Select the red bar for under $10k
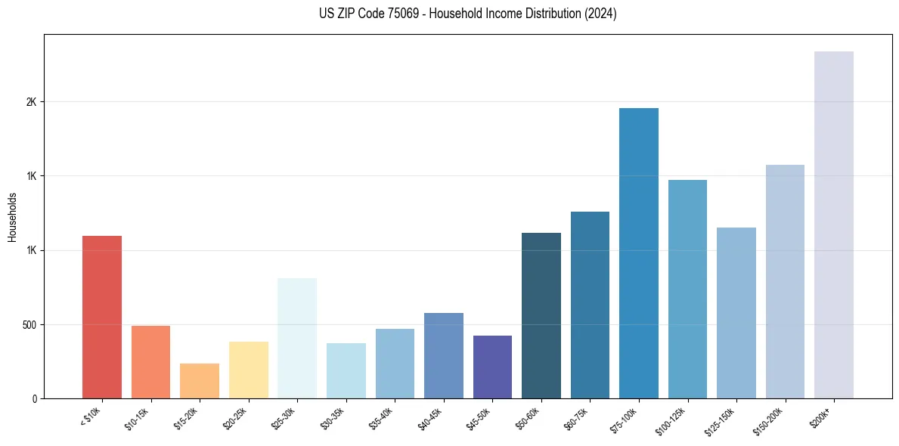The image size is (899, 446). click(102, 317)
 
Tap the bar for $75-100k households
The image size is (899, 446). click(638, 253)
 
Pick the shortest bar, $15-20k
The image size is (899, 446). click(200, 381)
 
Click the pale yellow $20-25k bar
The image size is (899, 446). click(248, 370)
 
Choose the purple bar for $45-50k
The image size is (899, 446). click(492, 367)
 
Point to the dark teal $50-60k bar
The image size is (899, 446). click(541, 315)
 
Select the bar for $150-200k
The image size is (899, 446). click(785, 281)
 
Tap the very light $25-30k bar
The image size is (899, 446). click(297, 338)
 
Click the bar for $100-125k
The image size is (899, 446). click(687, 289)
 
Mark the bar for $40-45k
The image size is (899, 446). click(443, 355)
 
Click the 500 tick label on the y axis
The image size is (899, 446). click(29, 325)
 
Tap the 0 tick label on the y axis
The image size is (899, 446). click(35, 399)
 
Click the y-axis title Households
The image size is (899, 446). click(12, 217)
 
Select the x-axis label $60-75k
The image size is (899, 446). click(579, 417)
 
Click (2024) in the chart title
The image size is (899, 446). click(601, 14)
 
